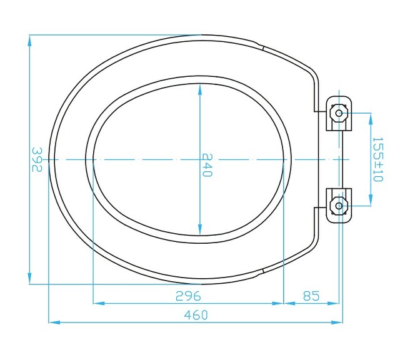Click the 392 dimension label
tap(37, 159)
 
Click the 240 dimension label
tap(207, 165)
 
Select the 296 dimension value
tap(188, 296)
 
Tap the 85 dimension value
tap(311, 296)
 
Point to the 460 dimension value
tap(196, 314)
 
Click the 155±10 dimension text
tap(378, 159)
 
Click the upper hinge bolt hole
tap(339, 113)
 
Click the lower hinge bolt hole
tap(339, 206)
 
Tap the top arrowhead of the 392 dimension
tap(30, 40)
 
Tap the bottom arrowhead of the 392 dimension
tap(30, 278)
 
